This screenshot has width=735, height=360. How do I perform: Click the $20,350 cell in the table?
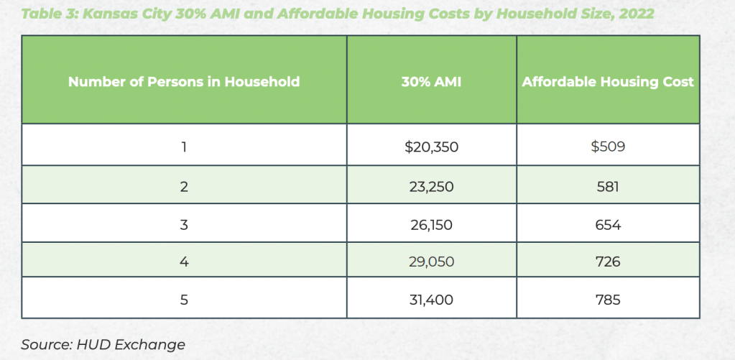click(x=431, y=147)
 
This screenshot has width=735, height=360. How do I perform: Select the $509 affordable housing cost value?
click(x=607, y=147)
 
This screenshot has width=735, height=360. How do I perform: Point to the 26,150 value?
click(x=431, y=225)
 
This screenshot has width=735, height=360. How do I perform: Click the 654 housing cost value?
click(x=607, y=225)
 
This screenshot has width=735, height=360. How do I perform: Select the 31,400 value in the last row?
click(x=431, y=300)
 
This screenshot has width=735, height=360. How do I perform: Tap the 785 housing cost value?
click(x=607, y=300)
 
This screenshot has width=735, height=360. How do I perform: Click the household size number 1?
click(x=184, y=147)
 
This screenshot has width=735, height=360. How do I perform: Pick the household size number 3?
click(x=184, y=225)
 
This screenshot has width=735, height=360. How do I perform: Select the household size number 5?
click(x=184, y=300)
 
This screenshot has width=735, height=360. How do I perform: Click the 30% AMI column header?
click(x=431, y=82)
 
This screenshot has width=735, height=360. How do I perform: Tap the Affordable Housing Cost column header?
click(x=608, y=82)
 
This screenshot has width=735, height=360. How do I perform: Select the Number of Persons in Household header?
click(x=184, y=82)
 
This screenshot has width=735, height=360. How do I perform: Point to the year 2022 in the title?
click(x=634, y=14)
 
